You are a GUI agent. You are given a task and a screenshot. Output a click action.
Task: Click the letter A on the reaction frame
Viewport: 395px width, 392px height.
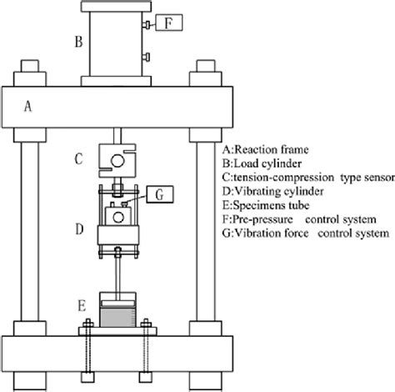(x=27, y=105)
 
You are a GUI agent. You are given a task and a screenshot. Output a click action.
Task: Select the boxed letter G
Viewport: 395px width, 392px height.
(x=158, y=195)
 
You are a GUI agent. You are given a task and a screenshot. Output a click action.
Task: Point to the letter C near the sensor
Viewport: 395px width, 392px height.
(x=77, y=156)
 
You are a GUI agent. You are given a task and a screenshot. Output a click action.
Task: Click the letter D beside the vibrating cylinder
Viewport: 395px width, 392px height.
(x=77, y=227)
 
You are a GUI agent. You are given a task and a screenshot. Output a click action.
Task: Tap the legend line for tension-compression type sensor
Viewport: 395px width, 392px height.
(x=302, y=177)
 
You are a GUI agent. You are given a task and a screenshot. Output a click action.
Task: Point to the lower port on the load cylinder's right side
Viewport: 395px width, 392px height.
(x=147, y=58)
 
